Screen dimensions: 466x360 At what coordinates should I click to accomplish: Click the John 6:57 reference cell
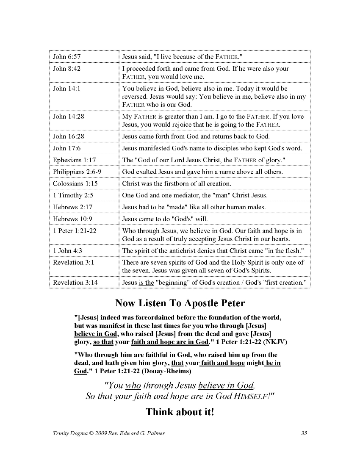pyautogui.click(x=67, y=57)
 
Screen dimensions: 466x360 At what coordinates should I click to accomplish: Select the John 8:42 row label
pyautogui.click(x=67, y=69)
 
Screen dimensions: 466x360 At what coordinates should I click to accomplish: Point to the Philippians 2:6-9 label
pyautogui.click(x=77, y=172)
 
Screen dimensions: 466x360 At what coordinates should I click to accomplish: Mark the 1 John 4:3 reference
pyautogui.click(x=68, y=251)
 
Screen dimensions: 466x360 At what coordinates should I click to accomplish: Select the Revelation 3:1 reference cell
pyautogui.click(x=74, y=263)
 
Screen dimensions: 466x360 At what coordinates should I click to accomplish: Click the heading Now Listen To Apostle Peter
pyautogui.click(x=180, y=303)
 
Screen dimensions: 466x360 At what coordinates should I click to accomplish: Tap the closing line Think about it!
pyautogui.click(x=180, y=412)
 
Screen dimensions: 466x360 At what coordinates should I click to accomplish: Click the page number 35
pyautogui.click(x=304, y=433)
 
